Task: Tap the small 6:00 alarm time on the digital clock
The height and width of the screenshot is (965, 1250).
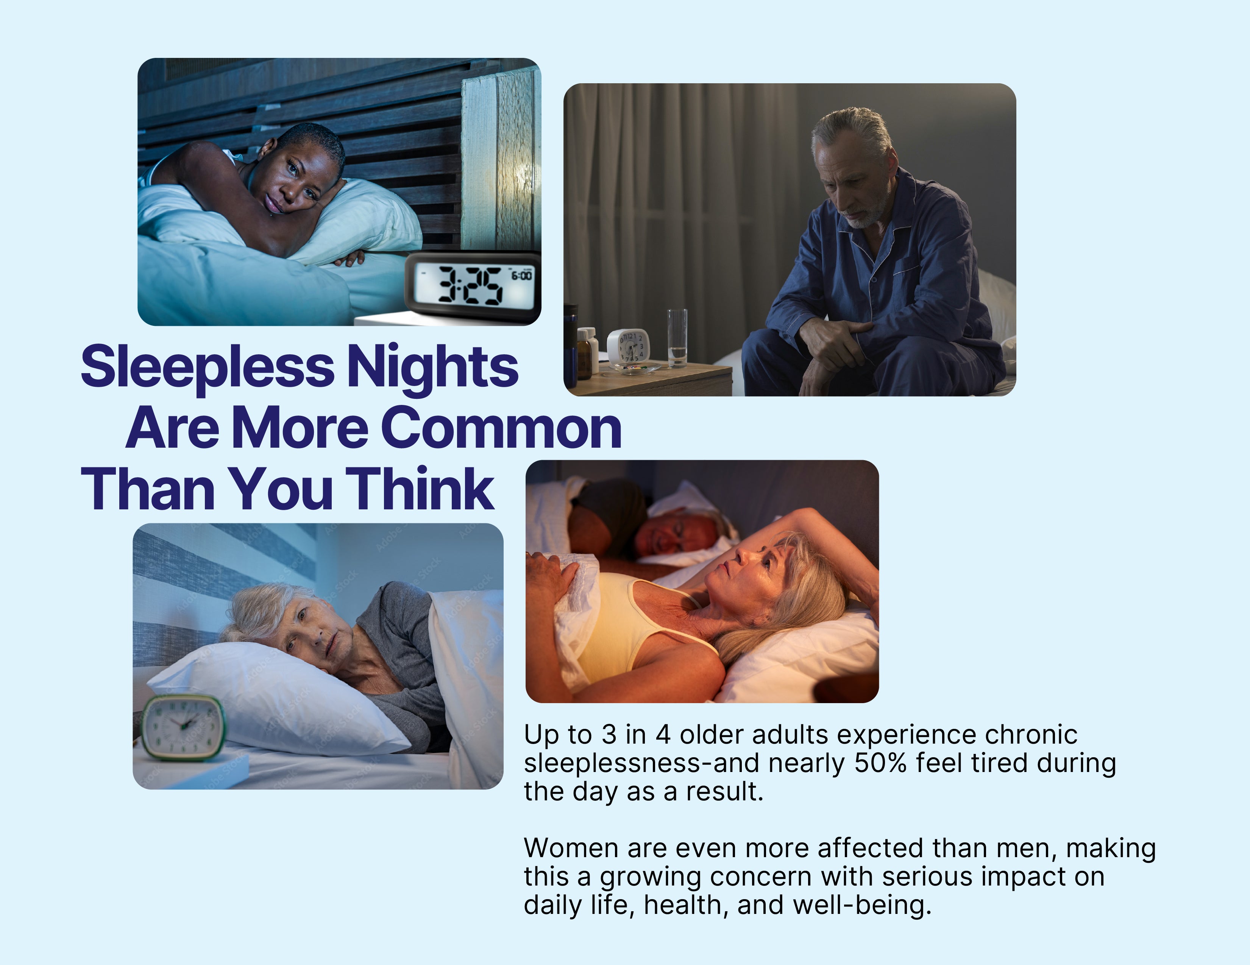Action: click(521, 276)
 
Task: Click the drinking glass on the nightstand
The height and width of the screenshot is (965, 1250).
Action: click(677, 338)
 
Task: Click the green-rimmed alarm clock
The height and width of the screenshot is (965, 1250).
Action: click(183, 728)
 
